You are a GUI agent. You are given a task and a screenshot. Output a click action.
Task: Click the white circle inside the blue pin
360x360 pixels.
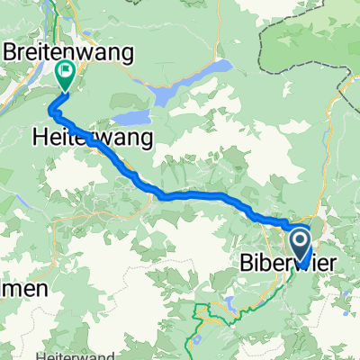300,239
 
